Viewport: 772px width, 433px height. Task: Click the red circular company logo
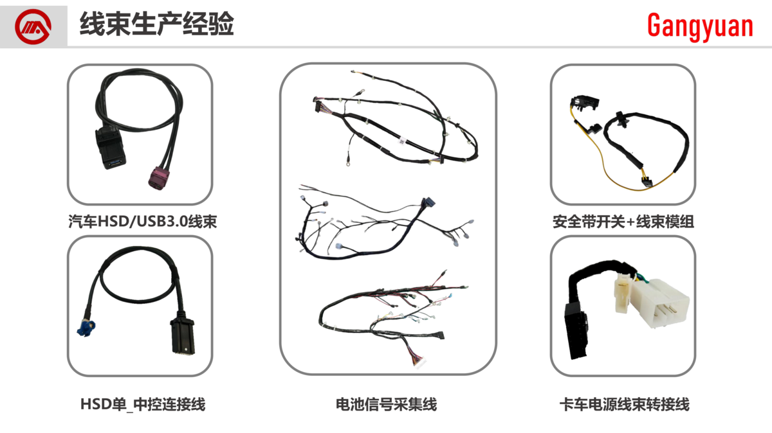point(33,26)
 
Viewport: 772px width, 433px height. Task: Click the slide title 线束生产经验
point(157,24)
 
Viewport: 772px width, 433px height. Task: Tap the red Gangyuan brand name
point(700,26)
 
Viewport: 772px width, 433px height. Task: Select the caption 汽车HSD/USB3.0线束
point(142,222)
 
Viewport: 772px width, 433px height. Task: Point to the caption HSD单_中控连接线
point(143,404)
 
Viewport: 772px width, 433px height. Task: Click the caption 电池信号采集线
point(387,404)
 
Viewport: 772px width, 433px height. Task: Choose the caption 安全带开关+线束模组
point(623,222)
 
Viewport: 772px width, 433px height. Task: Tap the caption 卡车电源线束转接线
point(624,404)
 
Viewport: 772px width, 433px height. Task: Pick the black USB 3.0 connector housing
point(110,148)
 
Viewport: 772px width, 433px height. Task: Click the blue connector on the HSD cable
point(86,328)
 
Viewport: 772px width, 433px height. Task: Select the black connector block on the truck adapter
point(576,331)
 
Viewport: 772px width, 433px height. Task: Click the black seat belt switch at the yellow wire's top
point(585,103)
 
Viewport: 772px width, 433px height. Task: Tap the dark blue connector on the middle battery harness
point(428,202)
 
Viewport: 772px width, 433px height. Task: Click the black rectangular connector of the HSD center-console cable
point(183,333)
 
